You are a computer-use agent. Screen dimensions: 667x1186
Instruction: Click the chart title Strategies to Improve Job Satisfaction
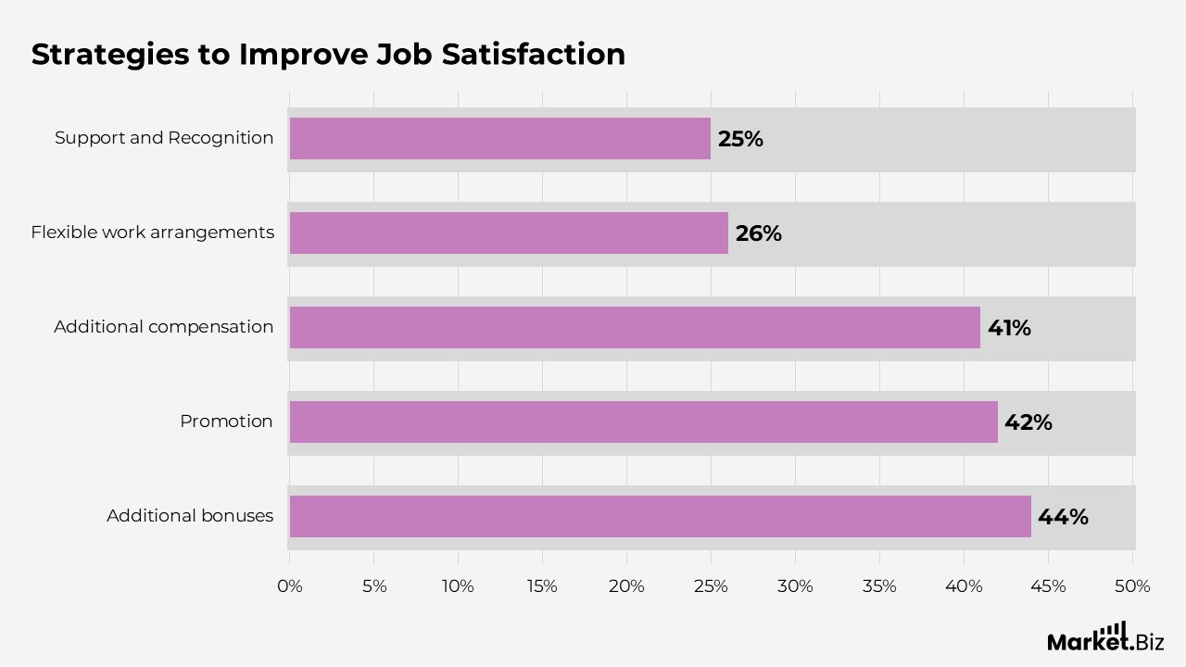pos(328,54)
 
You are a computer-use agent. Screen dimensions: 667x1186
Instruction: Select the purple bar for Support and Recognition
pos(500,139)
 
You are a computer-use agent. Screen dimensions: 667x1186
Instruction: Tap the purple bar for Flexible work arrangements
pos(509,233)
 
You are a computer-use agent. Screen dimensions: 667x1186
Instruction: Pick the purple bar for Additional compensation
pos(635,328)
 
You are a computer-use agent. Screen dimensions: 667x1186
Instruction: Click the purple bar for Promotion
pos(644,422)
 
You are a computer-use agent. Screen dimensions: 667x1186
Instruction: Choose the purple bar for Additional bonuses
pos(661,517)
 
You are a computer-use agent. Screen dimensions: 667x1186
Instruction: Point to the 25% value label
pos(740,139)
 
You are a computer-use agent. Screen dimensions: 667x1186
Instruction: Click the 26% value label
pos(758,233)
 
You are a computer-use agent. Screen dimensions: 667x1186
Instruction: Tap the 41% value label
pos(1009,328)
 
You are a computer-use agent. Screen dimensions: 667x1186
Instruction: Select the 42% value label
pos(1028,422)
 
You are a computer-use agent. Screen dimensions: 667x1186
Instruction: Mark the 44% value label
pos(1063,517)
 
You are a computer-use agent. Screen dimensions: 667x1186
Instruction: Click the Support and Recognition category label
pos(164,138)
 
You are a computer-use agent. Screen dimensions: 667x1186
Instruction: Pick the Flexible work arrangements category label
pos(152,233)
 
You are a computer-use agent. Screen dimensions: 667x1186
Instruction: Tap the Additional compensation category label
pos(164,327)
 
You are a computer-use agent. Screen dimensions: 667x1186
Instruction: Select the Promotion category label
pos(226,422)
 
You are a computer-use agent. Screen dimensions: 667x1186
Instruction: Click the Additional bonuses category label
pos(190,516)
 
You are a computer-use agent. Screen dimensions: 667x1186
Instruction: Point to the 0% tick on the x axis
pos(290,586)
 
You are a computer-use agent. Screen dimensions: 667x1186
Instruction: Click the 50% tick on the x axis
pos(1132,586)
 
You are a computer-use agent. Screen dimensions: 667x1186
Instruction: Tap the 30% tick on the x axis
pos(795,586)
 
